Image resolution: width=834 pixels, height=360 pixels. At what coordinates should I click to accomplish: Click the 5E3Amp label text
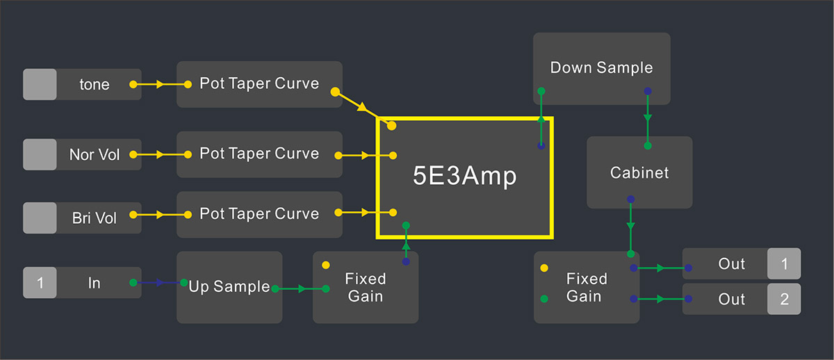coord(465,176)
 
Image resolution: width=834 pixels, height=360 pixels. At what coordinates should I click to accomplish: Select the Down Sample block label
coord(602,67)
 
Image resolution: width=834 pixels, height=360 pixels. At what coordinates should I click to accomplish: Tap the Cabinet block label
coord(639,173)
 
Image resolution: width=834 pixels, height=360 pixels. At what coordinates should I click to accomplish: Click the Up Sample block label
coord(229,286)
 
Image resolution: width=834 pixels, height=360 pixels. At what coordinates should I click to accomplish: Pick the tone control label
coord(95,85)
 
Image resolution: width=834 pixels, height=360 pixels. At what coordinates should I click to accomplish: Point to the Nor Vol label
coord(95,154)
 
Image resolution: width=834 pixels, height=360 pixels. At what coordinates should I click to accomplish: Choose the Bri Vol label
coord(95,218)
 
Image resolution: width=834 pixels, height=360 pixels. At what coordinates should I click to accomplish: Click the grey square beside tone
coord(40,84)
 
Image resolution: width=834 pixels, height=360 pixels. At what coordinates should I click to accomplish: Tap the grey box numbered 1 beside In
coord(40,283)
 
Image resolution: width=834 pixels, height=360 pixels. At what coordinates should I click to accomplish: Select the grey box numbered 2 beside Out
coord(784,299)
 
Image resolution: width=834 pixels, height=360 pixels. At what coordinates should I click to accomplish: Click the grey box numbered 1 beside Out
coord(784,263)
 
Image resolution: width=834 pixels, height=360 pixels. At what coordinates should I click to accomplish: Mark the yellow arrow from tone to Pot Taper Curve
coord(161,85)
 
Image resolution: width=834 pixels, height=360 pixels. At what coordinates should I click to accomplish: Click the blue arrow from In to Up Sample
coord(158,283)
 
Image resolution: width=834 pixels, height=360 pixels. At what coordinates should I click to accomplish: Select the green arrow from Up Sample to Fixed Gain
coord(300,288)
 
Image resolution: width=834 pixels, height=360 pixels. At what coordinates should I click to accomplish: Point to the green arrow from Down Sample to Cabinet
coord(648,118)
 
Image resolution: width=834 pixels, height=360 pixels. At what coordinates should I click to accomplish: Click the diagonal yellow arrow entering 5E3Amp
coord(363,108)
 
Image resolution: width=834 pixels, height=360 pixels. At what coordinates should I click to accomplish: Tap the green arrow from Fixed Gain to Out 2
coord(661,299)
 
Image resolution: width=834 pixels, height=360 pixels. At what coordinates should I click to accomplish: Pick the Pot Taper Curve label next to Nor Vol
coord(259,154)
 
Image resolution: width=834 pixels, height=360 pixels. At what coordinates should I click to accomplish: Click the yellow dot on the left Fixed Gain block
coord(326,265)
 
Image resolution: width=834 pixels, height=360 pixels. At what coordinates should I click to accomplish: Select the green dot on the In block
coord(133,283)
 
